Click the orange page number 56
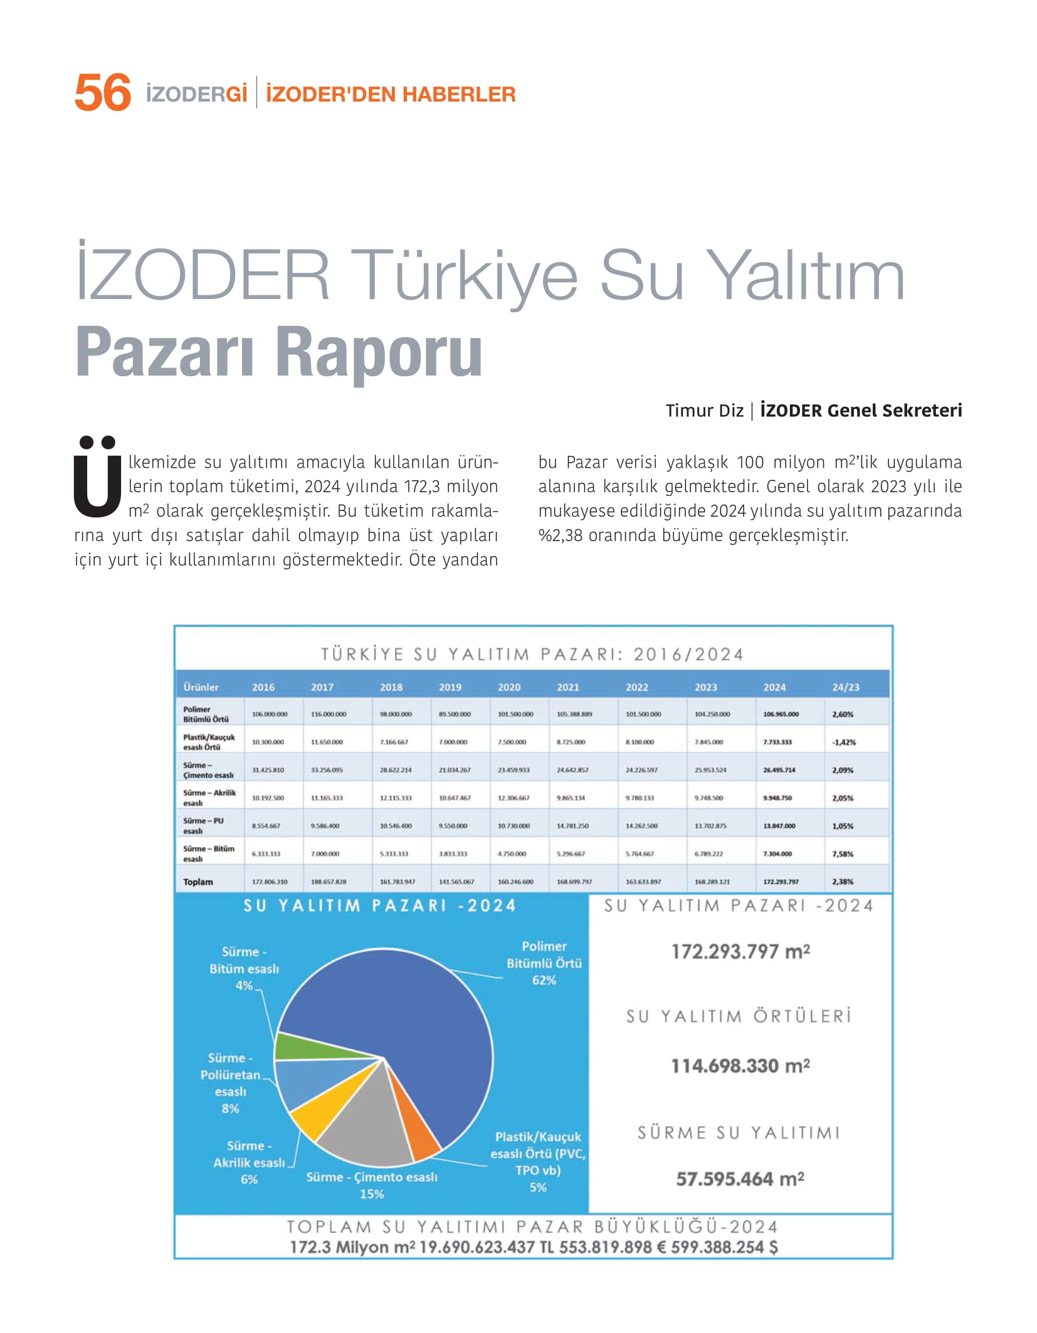click(102, 93)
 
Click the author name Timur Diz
click(704, 411)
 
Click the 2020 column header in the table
click(508, 687)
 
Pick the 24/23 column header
click(845, 687)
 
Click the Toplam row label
click(198, 882)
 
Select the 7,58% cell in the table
click(843, 854)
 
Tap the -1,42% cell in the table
click(844, 742)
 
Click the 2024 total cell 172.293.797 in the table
click(781, 882)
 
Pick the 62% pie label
click(544, 980)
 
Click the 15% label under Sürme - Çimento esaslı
click(371, 1194)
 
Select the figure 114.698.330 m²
click(740, 1066)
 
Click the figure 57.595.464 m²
click(740, 1179)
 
